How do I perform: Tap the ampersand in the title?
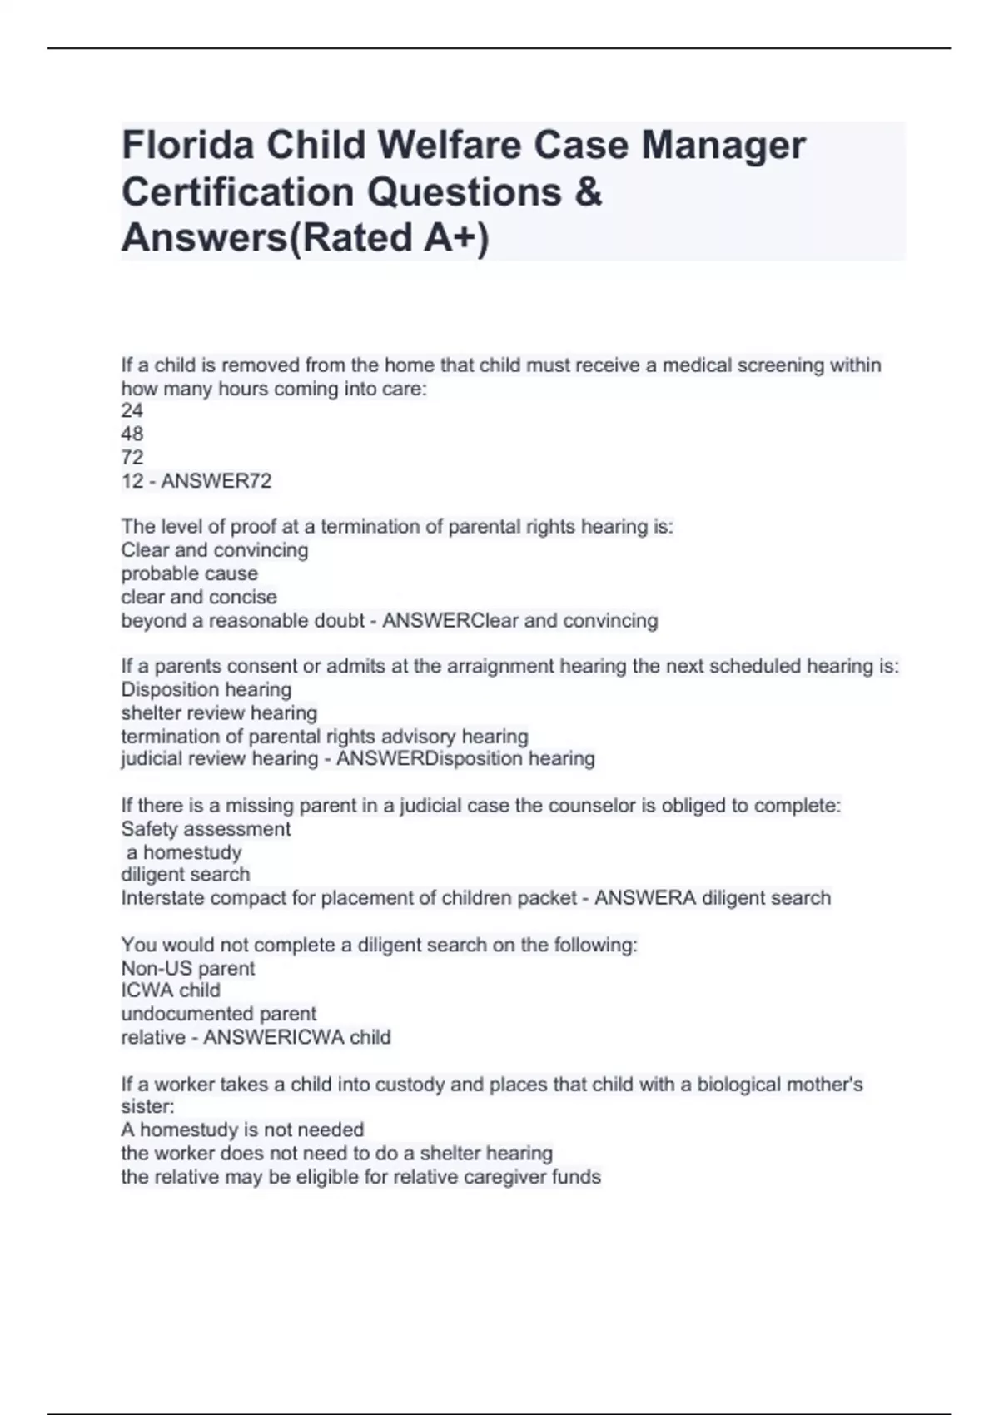click(x=588, y=192)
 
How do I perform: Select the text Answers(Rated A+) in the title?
click(x=305, y=238)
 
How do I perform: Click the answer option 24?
click(x=132, y=410)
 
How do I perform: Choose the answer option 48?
click(x=132, y=434)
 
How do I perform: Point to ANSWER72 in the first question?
click(x=216, y=481)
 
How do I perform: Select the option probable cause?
click(x=189, y=573)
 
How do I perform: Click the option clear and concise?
click(x=198, y=597)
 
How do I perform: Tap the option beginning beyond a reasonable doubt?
click(x=242, y=621)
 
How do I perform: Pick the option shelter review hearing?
click(x=219, y=712)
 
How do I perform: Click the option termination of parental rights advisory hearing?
click(x=325, y=737)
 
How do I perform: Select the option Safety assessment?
click(x=206, y=829)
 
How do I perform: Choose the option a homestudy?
click(x=183, y=852)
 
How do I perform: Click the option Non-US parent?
click(x=187, y=968)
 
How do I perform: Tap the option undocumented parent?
click(x=218, y=1014)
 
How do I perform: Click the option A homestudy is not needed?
click(x=242, y=1130)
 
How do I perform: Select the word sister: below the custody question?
click(x=147, y=1106)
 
